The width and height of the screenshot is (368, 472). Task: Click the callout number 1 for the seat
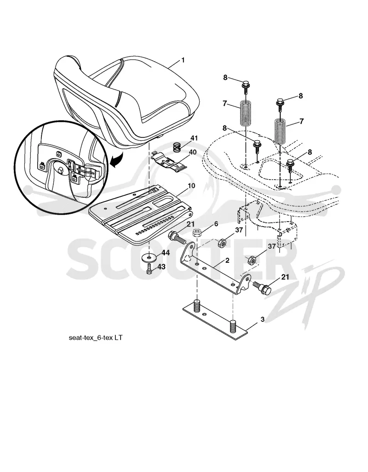183,60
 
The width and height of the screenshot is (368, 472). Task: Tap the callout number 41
194,138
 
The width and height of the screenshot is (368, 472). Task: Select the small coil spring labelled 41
178,148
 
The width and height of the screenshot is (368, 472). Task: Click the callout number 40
192,152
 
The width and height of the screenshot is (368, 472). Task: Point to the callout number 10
191,186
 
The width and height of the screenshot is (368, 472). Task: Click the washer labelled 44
149,257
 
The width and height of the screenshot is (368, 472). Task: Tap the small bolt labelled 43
149,268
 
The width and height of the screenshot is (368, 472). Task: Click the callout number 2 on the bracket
227,261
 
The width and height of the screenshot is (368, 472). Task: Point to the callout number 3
262,319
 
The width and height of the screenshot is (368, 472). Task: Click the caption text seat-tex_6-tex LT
96,337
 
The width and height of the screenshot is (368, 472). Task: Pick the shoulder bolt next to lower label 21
262,288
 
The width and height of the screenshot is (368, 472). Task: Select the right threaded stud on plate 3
233,327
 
